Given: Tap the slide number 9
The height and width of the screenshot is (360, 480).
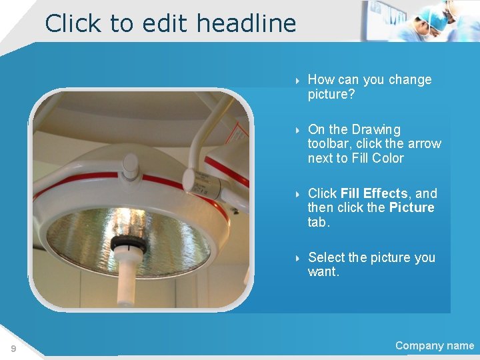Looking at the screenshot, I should tap(13, 348).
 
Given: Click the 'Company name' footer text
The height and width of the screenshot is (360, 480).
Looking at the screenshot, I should tap(434, 345).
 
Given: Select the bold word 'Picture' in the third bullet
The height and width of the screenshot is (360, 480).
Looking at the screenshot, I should tap(411, 207).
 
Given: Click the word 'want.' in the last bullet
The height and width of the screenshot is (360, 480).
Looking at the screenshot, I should tap(323, 272).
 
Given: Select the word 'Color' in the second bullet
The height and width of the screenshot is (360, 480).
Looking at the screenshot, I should tap(388, 158).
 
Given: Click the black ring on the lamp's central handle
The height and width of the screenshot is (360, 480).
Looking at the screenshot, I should tap(128, 243).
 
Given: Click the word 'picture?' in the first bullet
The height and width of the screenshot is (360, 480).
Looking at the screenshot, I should tap(331, 94).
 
